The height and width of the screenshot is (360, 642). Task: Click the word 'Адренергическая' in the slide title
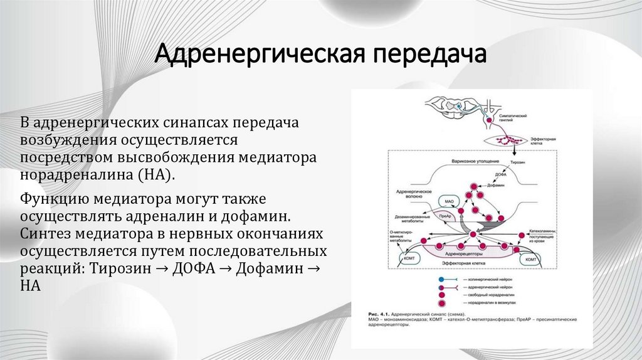coord(259,55)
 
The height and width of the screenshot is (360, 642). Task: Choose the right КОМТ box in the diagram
coord(531,258)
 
